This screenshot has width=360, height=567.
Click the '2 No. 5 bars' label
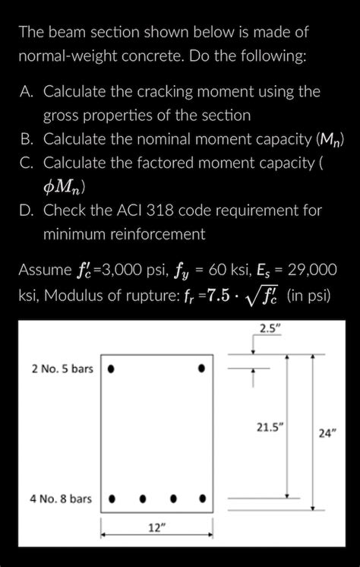click(x=62, y=369)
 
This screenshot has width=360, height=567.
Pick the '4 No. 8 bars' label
click(x=61, y=499)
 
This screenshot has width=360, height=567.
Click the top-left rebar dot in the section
click(x=111, y=369)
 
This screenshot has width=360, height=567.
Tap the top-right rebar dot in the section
click(x=202, y=369)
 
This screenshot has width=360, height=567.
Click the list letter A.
click(x=27, y=92)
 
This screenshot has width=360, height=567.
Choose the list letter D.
click(x=27, y=210)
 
